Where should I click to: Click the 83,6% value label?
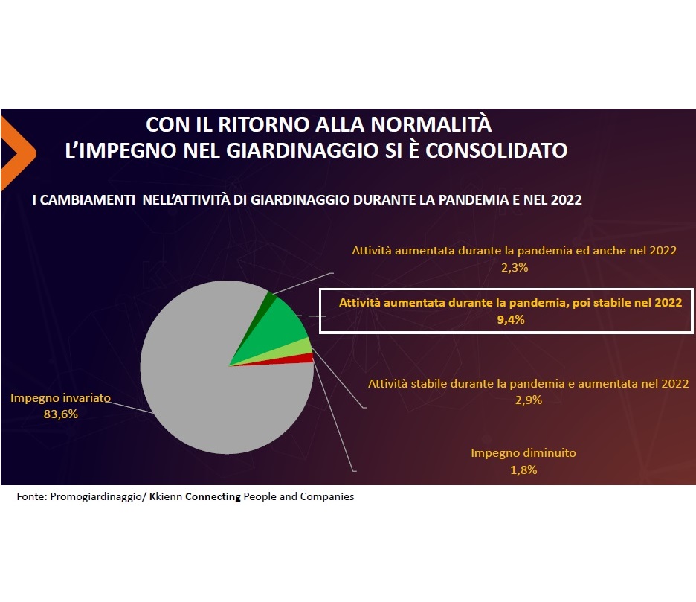pyautogui.click(x=61, y=414)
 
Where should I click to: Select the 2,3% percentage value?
pyautogui.click(x=515, y=267)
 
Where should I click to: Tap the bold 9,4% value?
pyautogui.click(x=510, y=319)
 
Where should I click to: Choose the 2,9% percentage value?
pyautogui.click(x=528, y=400)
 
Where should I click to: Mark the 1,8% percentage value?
pyautogui.click(x=523, y=470)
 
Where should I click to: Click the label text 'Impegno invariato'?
pyautogui.click(x=60, y=397)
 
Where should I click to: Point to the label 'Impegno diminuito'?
pyautogui.click(x=523, y=452)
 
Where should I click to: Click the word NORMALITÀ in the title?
pyautogui.click(x=431, y=124)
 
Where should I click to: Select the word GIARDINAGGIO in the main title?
pyautogui.click(x=303, y=150)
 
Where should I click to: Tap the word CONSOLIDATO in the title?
pyautogui.click(x=496, y=150)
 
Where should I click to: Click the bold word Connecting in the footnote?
pyautogui.click(x=213, y=496)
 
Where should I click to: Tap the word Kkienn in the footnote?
pyautogui.click(x=166, y=496)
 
